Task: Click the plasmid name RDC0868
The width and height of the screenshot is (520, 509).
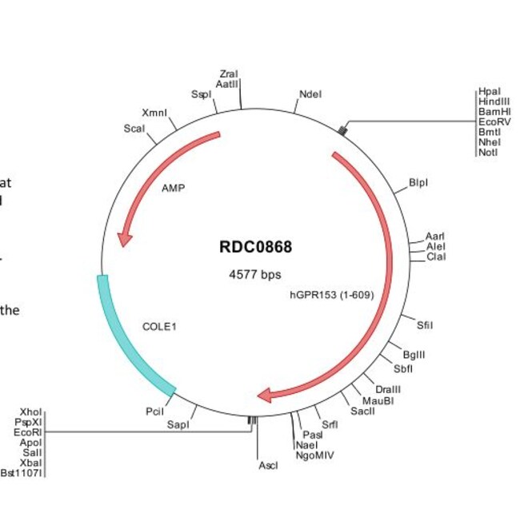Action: [x=255, y=247]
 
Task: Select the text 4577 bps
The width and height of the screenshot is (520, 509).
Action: [x=255, y=275]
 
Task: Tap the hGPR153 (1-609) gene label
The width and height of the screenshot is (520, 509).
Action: [x=331, y=295]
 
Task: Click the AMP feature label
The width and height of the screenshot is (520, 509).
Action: [x=174, y=189]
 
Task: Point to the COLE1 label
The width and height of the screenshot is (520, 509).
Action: [x=159, y=326]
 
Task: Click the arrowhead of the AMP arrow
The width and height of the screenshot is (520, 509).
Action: [x=124, y=237]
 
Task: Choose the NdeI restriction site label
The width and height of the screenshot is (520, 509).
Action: [x=310, y=94]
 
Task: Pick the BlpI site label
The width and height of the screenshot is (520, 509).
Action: [x=418, y=182]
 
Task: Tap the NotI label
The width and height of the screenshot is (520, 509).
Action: [x=487, y=153]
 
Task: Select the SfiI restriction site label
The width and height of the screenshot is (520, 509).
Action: [x=425, y=324]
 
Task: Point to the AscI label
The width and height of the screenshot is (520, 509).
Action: [x=267, y=465]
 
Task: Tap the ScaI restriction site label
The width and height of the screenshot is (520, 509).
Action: [x=134, y=128]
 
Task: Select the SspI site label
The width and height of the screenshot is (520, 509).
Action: [x=201, y=94]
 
